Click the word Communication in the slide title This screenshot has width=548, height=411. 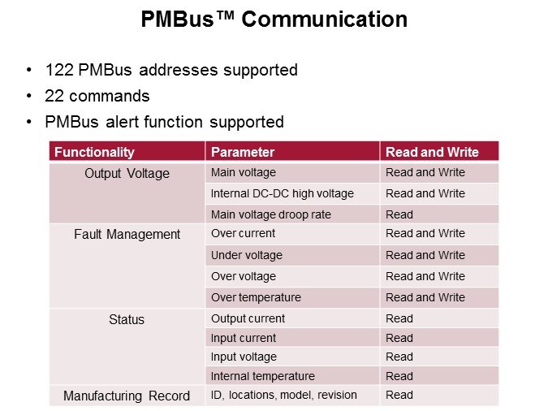coord(324,19)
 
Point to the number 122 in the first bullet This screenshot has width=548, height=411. coord(59,70)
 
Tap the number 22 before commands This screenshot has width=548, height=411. coord(54,96)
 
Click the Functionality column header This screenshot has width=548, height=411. coord(94,152)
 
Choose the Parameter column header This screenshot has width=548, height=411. coord(243,152)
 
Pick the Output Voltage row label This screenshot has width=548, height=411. coord(127,174)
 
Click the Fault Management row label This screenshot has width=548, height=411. coord(127,234)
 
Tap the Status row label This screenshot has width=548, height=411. coord(127,319)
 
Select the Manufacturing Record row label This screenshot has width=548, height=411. coord(127,396)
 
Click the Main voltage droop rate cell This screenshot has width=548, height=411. coord(271,214)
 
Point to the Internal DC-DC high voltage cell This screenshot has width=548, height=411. coord(283,193)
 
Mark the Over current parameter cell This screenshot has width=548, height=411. coord(243,233)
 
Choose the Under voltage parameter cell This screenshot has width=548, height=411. coord(246,255)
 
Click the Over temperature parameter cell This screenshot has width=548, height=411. coord(256,297)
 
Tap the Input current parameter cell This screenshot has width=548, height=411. coord(244,338)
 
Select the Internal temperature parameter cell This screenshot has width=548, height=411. coord(263,376)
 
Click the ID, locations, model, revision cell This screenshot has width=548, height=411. coord(284,395)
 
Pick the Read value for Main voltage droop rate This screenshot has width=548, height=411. coord(399,214)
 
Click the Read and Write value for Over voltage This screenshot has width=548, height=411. coord(425,276)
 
